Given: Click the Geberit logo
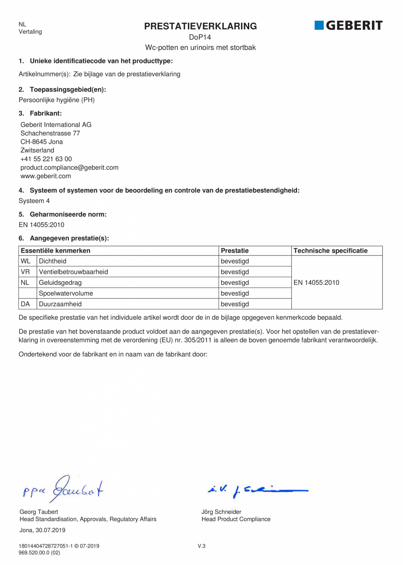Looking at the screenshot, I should pyautogui.click(x=348, y=25).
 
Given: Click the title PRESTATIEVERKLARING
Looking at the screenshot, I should pyautogui.click(x=201, y=26).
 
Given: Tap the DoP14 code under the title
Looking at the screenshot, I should pyautogui.click(x=200, y=38).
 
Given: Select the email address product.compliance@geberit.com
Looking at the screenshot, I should pyautogui.click(x=69, y=168).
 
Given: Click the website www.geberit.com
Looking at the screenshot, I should pyautogui.click(x=46, y=176).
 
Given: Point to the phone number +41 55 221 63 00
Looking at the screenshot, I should pyautogui.click(x=46, y=159).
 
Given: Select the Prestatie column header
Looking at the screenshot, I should pyautogui.click(x=235, y=251).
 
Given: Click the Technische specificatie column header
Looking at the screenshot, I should pyautogui.click(x=330, y=251).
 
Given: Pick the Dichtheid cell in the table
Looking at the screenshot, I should pyautogui.click(x=53, y=261).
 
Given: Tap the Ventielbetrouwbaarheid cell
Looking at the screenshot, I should pyautogui.click(x=73, y=272).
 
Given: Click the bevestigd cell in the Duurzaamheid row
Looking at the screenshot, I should pyautogui.click(x=235, y=304).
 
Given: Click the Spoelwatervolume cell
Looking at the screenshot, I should pyautogui.click(x=66, y=293).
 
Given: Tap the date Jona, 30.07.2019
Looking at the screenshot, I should pyautogui.click(x=42, y=530).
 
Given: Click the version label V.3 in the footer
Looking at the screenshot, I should pyautogui.click(x=201, y=546).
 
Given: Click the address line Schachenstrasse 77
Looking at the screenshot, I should pyautogui.click(x=50, y=133).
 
